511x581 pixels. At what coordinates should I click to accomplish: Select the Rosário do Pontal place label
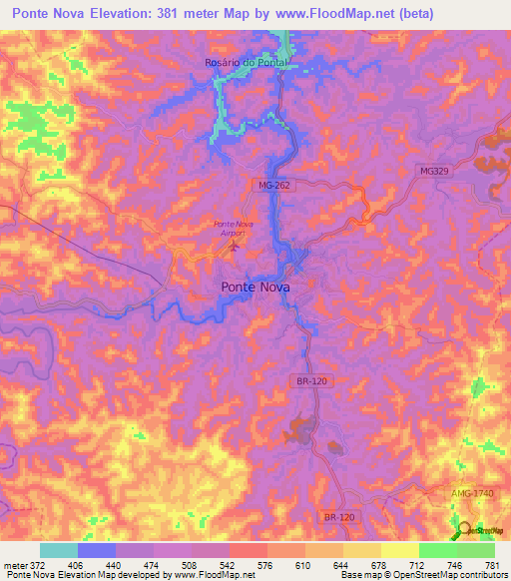(x=246, y=62)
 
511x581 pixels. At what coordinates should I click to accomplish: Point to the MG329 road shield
(x=435, y=172)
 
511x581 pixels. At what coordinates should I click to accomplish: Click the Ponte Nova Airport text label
(x=234, y=227)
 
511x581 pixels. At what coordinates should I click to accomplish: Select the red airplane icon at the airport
(x=235, y=246)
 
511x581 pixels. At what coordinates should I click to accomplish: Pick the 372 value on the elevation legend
(x=38, y=564)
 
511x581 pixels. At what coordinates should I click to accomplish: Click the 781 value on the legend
(x=492, y=564)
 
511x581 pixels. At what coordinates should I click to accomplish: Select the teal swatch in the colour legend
(x=59, y=550)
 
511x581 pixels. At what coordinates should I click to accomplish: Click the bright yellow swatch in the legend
(x=400, y=550)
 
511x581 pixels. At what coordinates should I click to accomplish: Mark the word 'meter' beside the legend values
(x=14, y=564)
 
